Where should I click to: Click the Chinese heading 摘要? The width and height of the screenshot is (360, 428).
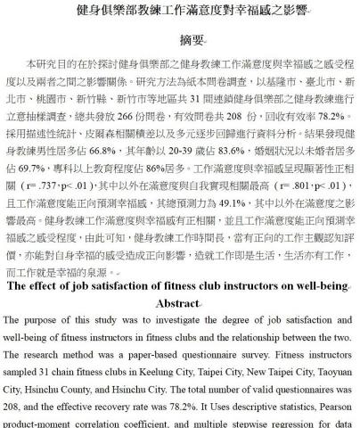pyautogui.click(x=180, y=42)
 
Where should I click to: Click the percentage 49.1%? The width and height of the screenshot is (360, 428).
pyautogui.click(x=236, y=202)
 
